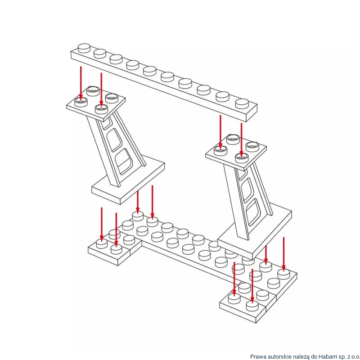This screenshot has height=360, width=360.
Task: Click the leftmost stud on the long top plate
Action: pos(84,47)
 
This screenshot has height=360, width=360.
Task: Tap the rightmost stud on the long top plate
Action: pos(242,103)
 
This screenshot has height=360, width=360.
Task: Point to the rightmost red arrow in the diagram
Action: pos(283,254)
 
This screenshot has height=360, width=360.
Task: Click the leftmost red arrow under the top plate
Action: pos(81,83)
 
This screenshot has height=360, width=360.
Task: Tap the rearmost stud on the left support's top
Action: pos(93,91)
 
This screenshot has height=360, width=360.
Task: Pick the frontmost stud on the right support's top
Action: pos(242,157)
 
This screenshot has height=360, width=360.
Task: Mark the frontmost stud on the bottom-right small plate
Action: pos(252,306)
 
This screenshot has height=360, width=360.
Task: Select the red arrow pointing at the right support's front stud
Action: pos(242,139)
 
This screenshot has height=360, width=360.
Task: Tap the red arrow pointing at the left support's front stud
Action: pos(101,90)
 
